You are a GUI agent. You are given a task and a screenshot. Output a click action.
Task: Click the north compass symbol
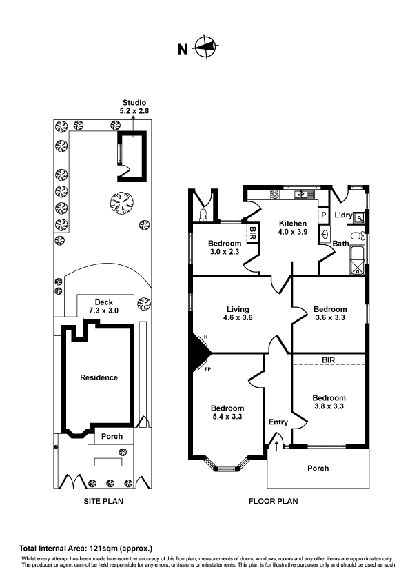pyautogui.click(x=204, y=48)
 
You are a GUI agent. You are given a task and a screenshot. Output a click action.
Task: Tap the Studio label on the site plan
pyautogui.click(x=134, y=103)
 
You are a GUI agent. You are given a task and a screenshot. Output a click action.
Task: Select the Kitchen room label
pyautogui.click(x=291, y=224)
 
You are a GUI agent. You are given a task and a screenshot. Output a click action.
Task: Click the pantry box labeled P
pyautogui.click(x=322, y=215)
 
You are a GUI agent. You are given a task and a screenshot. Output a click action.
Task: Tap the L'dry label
pyautogui.click(x=343, y=215)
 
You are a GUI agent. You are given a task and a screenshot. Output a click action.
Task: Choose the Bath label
pyautogui.click(x=341, y=244)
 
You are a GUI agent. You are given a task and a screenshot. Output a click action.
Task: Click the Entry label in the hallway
pyautogui.click(x=278, y=422)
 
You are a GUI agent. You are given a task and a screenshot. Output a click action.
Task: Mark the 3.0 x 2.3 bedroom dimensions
pyautogui.click(x=225, y=253)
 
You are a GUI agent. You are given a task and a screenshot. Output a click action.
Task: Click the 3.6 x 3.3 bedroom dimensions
pyautogui.click(x=329, y=319)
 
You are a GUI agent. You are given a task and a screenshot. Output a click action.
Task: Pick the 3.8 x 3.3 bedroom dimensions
pyautogui.click(x=329, y=407)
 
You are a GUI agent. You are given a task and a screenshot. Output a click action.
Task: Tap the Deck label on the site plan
pyautogui.click(x=104, y=302)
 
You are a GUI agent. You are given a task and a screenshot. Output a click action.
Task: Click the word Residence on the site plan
pyautogui.click(x=99, y=377)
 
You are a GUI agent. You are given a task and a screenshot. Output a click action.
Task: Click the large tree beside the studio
pyautogui.click(x=122, y=203)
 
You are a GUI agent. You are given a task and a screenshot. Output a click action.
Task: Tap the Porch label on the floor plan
pyautogui.click(x=318, y=468)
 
